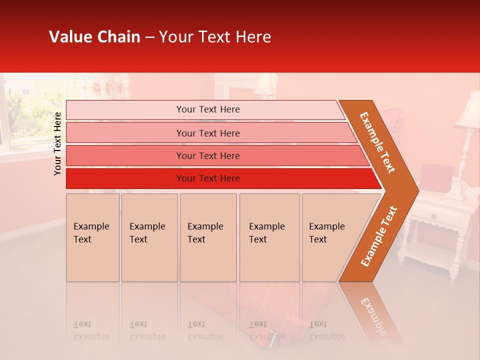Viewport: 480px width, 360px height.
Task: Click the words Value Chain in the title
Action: pyautogui.click(x=94, y=37)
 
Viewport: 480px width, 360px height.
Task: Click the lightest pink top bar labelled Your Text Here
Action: pyautogui.click(x=207, y=109)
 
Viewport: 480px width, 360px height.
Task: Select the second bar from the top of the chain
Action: pyautogui.click(x=207, y=133)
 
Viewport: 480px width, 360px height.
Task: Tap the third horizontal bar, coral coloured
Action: pyautogui.click(x=207, y=155)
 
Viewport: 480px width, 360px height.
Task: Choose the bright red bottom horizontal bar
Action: pyautogui.click(x=207, y=178)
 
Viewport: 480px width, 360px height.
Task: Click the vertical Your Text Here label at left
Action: pyautogui.click(x=57, y=143)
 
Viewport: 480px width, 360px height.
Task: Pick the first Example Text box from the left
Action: pyautogui.click(x=92, y=237)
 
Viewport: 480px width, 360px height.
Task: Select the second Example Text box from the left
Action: pyautogui.click(x=149, y=237)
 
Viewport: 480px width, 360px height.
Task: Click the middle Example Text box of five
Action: pyautogui.click(x=208, y=237)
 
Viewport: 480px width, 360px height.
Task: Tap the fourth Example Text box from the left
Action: pyautogui.click(x=269, y=237)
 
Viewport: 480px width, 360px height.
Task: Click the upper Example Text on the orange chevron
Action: pyautogui.click(x=377, y=142)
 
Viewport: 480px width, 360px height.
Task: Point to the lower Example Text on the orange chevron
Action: pyautogui.click(x=379, y=236)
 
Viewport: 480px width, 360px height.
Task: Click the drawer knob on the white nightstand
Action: pyautogui.click(x=433, y=216)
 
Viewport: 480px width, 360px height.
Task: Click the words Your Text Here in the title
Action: pyautogui.click(x=215, y=37)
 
